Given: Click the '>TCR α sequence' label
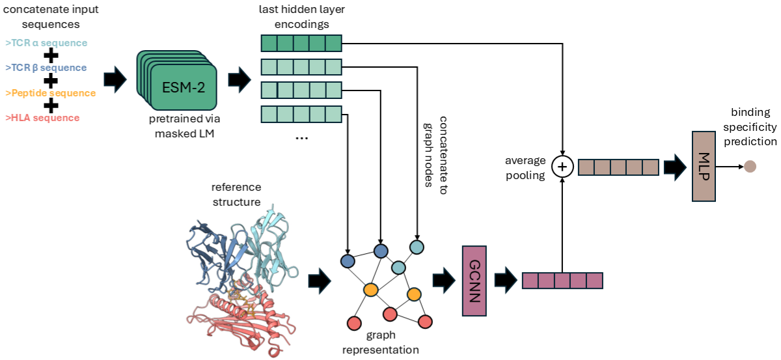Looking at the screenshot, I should tap(46, 43).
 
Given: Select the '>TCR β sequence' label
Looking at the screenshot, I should tap(46, 68).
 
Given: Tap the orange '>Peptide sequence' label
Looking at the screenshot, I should tap(50, 93).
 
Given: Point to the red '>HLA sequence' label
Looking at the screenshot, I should tap(42, 118).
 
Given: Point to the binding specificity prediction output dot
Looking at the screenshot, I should tap(750, 167).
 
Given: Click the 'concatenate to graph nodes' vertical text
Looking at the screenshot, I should tap(437, 152).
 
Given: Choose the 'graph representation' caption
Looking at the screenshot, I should tap(381, 343).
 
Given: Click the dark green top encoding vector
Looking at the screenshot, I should tap(301, 44).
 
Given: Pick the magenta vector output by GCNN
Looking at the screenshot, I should tap(562, 281).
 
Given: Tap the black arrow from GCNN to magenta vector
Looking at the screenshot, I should tap(505, 281).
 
